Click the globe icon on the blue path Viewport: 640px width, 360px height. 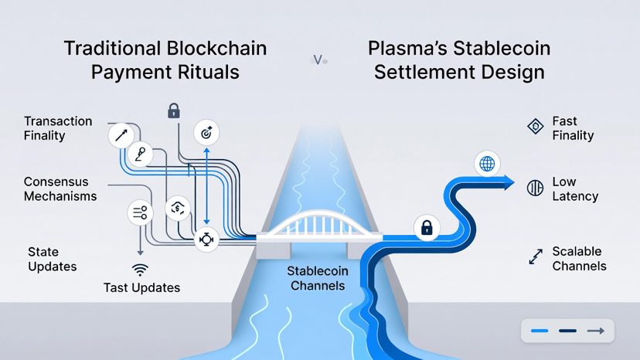tap(487, 164)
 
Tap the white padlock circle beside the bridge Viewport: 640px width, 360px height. tap(426, 228)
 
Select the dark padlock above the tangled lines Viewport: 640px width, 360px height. tap(174, 111)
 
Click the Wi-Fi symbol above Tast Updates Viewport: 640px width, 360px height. tap(140, 270)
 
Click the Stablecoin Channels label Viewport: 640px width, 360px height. tap(318, 279)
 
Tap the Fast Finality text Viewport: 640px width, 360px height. tap(573, 128)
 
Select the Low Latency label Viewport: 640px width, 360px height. tap(574, 189)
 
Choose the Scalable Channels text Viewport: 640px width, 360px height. tap(579, 259)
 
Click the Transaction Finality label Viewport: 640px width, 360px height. tap(58, 128)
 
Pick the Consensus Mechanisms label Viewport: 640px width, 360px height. tap(60, 189)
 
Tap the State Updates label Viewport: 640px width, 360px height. tap(53, 259)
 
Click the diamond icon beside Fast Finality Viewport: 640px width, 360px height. tap(535, 127)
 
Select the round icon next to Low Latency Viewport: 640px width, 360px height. tap(535, 188)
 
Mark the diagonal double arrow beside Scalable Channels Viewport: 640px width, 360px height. tap(536, 256)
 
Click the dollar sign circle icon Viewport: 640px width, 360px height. tap(178, 209)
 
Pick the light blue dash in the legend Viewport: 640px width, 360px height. tap(540, 331)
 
